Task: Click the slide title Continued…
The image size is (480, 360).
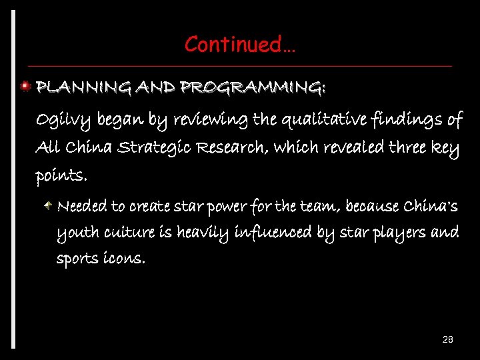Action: tap(240, 45)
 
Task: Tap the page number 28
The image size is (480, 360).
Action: tap(448, 340)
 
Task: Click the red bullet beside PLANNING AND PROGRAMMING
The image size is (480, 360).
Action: tap(25, 86)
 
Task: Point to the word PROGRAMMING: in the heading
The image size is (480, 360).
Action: tap(253, 87)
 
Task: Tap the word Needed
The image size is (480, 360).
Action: tap(82, 206)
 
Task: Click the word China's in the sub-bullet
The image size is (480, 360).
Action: tap(431, 206)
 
